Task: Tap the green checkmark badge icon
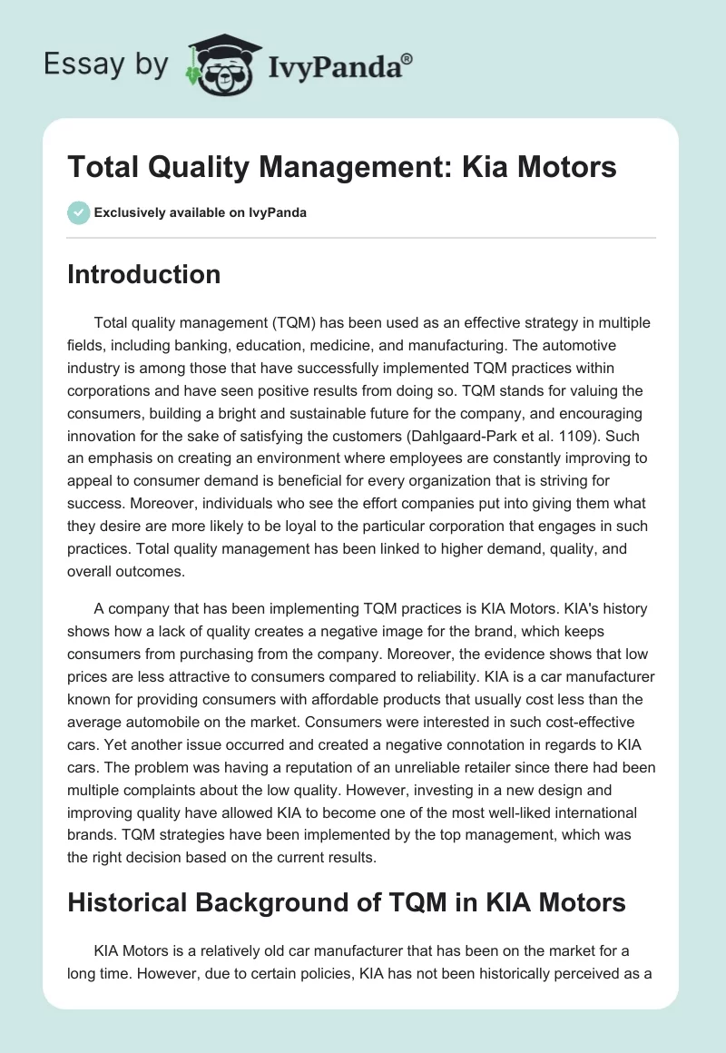pos(78,212)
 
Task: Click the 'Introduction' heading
pos(143,274)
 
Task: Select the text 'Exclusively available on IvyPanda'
pos(200,213)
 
